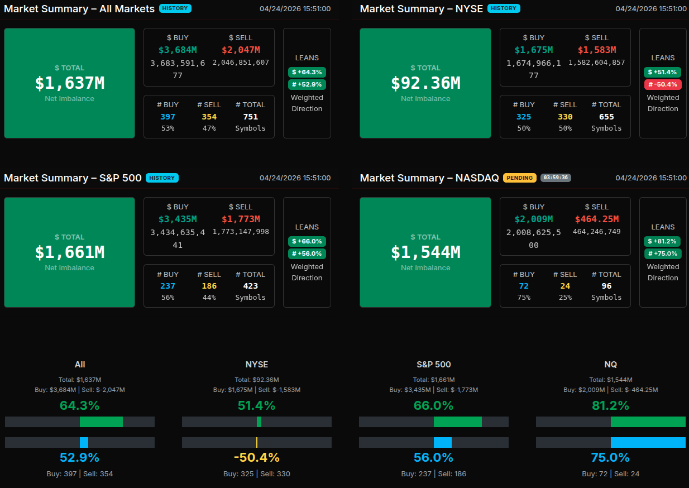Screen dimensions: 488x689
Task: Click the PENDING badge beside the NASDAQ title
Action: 519,178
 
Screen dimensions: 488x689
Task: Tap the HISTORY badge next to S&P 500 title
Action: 162,178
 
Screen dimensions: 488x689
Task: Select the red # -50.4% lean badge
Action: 662,84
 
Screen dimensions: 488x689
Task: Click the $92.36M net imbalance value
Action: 425,83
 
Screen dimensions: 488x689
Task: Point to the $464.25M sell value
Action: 597,219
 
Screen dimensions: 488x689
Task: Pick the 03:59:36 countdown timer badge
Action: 556,178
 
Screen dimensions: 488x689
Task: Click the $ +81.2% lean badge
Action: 662,241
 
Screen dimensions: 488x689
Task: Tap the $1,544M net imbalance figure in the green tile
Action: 425,252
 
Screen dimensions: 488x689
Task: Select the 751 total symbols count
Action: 250,117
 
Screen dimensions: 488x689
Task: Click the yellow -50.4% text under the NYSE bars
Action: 257,458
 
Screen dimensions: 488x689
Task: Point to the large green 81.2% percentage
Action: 610,405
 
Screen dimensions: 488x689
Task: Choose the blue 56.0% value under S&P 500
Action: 433,458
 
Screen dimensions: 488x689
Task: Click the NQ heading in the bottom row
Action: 610,364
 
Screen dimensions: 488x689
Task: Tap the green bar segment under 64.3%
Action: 101,422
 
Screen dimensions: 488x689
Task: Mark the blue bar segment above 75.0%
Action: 648,442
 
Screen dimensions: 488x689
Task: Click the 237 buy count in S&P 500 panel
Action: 168,286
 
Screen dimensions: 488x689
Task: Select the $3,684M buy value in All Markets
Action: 178,50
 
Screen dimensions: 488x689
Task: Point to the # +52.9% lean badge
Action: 307,84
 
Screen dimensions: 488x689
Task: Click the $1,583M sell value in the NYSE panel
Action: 597,50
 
